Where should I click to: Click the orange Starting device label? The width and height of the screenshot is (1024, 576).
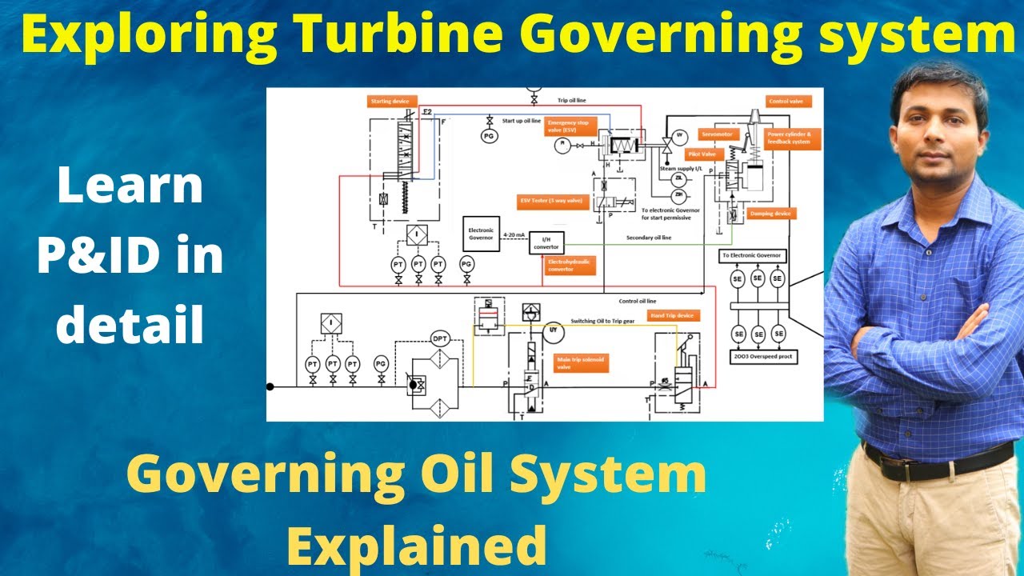click(390, 101)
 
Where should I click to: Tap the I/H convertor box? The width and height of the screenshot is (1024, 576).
click(547, 242)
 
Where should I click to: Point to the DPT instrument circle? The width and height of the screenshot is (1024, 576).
click(441, 338)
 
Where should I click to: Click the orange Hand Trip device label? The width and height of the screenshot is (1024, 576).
click(675, 316)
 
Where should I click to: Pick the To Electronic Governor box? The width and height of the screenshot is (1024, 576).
click(753, 256)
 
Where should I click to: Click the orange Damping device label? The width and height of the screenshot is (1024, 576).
click(770, 214)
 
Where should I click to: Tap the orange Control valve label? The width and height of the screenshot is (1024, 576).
click(789, 102)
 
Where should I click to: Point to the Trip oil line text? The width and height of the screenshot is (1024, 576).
click(572, 101)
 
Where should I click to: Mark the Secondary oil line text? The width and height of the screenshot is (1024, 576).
click(647, 238)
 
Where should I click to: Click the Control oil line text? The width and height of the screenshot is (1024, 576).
click(638, 302)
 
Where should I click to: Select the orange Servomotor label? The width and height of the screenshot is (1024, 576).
click(717, 134)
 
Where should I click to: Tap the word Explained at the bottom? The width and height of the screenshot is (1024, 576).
click(415, 545)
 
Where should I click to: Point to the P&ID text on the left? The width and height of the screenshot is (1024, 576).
click(130, 255)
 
